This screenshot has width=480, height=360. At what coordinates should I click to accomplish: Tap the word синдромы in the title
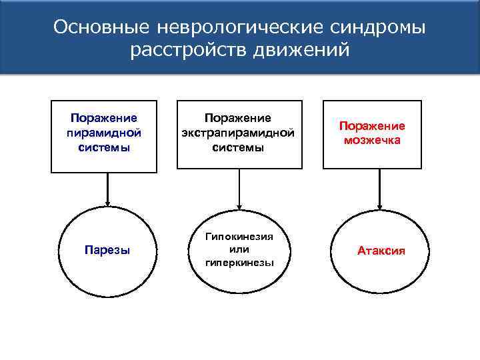pyautogui.click(x=377, y=27)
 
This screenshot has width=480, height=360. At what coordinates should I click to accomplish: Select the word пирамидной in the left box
pyautogui.click(x=104, y=133)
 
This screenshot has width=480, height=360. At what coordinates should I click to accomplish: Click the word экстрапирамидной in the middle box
pyautogui.click(x=238, y=133)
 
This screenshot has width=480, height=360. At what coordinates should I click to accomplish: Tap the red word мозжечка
pyautogui.click(x=372, y=140)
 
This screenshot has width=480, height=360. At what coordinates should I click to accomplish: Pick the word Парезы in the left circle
pyautogui.click(x=107, y=251)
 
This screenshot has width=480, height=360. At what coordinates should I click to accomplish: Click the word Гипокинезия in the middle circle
pyautogui.click(x=239, y=237)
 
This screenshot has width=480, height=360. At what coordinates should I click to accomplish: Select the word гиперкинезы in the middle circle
pyautogui.click(x=239, y=262)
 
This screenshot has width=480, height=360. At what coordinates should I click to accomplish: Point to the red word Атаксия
pyautogui.click(x=381, y=251)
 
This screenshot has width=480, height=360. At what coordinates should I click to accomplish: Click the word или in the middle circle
pyautogui.click(x=239, y=249)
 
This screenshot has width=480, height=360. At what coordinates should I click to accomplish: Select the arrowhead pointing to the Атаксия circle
pyautogui.click(x=379, y=204)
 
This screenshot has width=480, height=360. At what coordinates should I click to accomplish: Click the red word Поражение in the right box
pyautogui.click(x=372, y=126)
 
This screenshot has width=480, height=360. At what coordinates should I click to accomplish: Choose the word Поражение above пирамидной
pyautogui.click(x=104, y=118)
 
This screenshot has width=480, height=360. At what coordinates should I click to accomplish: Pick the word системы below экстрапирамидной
pyautogui.click(x=238, y=147)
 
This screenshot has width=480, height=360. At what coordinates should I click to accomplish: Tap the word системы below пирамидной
pyautogui.click(x=104, y=147)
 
